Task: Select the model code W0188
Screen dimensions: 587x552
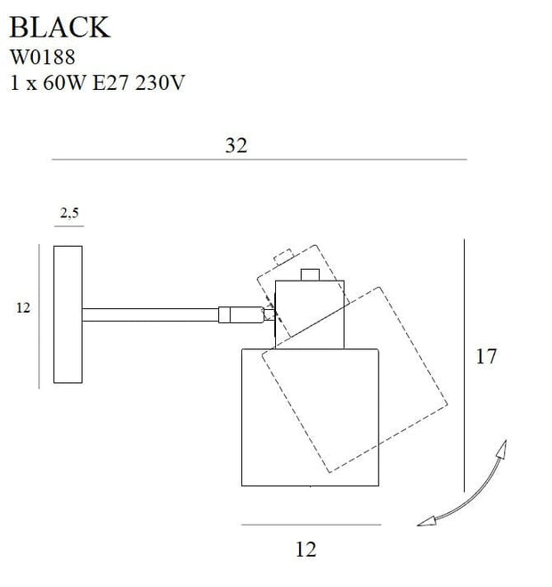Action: pyautogui.click(x=42, y=57)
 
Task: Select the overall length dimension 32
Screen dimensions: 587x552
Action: pyautogui.click(x=236, y=147)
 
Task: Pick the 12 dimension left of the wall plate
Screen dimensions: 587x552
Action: pyautogui.click(x=23, y=308)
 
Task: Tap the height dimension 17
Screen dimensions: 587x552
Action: pyautogui.click(x=486, y=357)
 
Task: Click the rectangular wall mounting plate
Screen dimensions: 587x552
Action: pyautogui.click(x=68, y=314)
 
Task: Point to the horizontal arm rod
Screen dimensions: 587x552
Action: pyautogui.click(x=151, y=314)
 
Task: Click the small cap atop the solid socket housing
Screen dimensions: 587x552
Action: pyautogui.click(x=311, y=274)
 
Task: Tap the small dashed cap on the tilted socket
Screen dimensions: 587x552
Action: pyautogui.click(x=284, y=257)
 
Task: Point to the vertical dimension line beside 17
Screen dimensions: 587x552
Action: pyautogui.click(x=466, y=365)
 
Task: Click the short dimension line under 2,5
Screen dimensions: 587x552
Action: pyautogui.click(x=69, y=226)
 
